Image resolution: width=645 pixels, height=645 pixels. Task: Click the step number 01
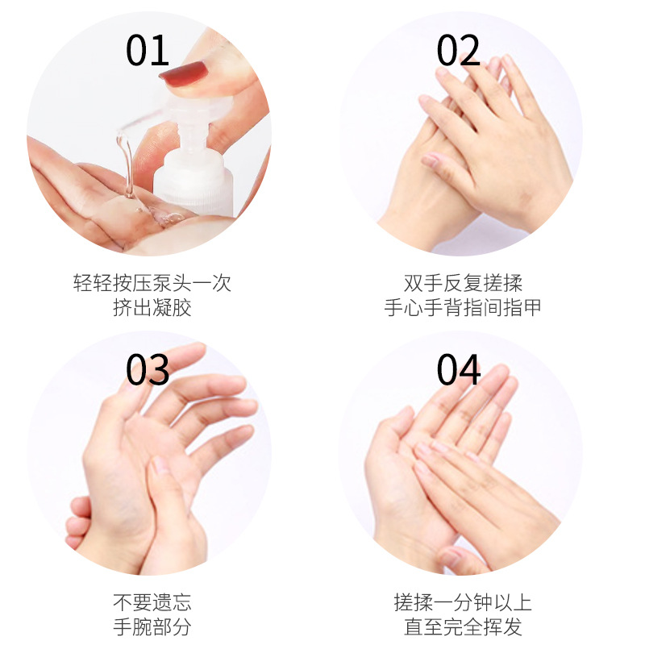coord(148,50)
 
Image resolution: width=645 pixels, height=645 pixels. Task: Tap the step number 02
coord(458,50)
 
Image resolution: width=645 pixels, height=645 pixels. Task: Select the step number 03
coord(148,369)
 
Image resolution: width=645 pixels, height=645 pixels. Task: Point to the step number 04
coord(458,369)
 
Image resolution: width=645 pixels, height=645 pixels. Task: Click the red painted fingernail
coord(184,73)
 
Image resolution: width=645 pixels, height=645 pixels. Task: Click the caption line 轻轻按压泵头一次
coord(152,283)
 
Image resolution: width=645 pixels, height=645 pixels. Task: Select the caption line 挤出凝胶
coord(152,308)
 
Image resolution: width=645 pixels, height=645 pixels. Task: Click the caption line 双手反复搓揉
coord(463,283)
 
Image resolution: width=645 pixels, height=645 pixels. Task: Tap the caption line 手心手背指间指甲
coord(463,308)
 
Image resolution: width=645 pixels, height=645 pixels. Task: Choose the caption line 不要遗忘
coord(152,602)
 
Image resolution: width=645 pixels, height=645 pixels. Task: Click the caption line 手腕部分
coord(152,627)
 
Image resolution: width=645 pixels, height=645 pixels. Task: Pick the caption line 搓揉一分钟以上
coord(463,602)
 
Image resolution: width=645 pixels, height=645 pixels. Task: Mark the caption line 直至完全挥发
coord(463,627)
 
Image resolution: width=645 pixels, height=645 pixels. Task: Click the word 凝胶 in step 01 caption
coord(172,308)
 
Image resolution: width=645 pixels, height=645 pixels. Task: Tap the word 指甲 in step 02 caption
coord(522,308)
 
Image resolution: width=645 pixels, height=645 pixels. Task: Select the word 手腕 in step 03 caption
coord(132,627)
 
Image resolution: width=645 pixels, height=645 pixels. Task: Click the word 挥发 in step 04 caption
coord(502,627)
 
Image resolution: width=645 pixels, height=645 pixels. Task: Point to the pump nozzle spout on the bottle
coord(144,119)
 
